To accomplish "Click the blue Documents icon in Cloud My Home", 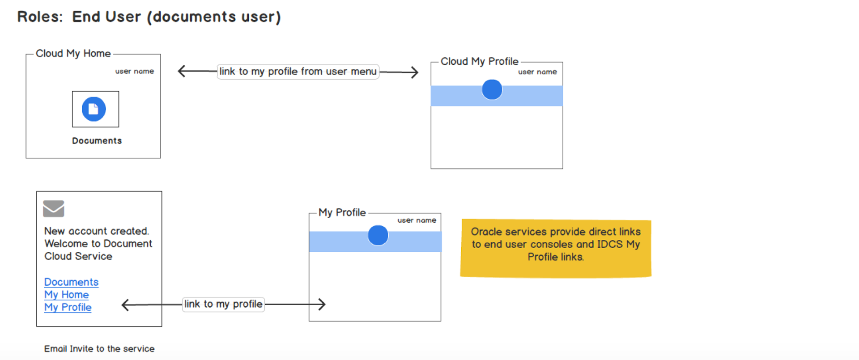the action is [x=94, y=109].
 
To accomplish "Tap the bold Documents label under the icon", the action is [x=97, y=141].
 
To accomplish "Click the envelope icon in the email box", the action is [x=54, y=208].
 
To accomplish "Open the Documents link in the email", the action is [x=71, y=282].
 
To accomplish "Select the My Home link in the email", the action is [x=66, y=295].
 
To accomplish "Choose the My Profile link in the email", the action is [x=68, y=307].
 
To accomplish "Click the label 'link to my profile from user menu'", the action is [x=298, y=72].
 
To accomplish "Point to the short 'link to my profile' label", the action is [x=223, y=304].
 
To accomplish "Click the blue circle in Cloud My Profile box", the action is [x=492, y=89].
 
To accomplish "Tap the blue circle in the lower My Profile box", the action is [x=378, y=235].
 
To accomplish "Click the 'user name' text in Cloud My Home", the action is [x=134, y=71].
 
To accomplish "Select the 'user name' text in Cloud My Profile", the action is [x=537, y=72].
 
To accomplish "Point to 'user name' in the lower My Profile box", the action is [x=417, y=220].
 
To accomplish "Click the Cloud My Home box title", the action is [x=73, y=54].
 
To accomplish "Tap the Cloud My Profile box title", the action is [x=479, y=61].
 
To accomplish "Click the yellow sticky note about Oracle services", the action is [x=556, y=248].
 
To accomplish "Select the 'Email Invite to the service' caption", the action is [x=99, y=349].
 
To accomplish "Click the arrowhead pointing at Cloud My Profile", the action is [x=415, y=72].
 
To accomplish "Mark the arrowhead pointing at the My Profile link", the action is [x=126, y=305].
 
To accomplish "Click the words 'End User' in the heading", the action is [x=106, y=17].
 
